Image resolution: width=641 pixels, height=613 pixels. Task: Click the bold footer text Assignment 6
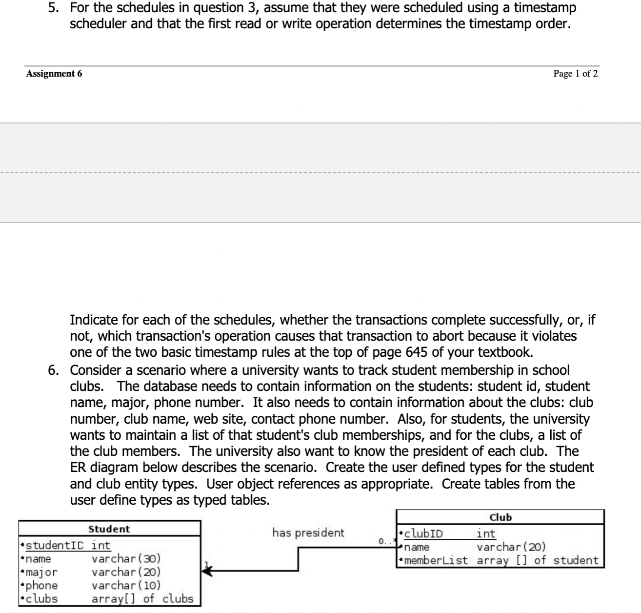(54, 74)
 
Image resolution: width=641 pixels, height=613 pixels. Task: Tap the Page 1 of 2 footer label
(575, 74)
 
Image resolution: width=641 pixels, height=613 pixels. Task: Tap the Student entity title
(109, 529)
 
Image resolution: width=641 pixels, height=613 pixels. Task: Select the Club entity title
(500, 517)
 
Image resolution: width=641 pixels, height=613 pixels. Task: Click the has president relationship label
(308, 532)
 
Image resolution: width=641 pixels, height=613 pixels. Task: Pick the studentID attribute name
(54, 545)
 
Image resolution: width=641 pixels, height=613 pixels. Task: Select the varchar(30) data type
(126, 558)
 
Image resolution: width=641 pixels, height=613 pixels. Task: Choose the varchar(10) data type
(126, 585)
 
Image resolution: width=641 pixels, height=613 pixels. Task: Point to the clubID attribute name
(423, 533)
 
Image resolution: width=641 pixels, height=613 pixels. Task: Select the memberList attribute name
(436, 560)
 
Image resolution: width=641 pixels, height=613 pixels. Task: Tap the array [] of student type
(537, 560)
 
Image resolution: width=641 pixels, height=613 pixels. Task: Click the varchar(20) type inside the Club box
(511, 547)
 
